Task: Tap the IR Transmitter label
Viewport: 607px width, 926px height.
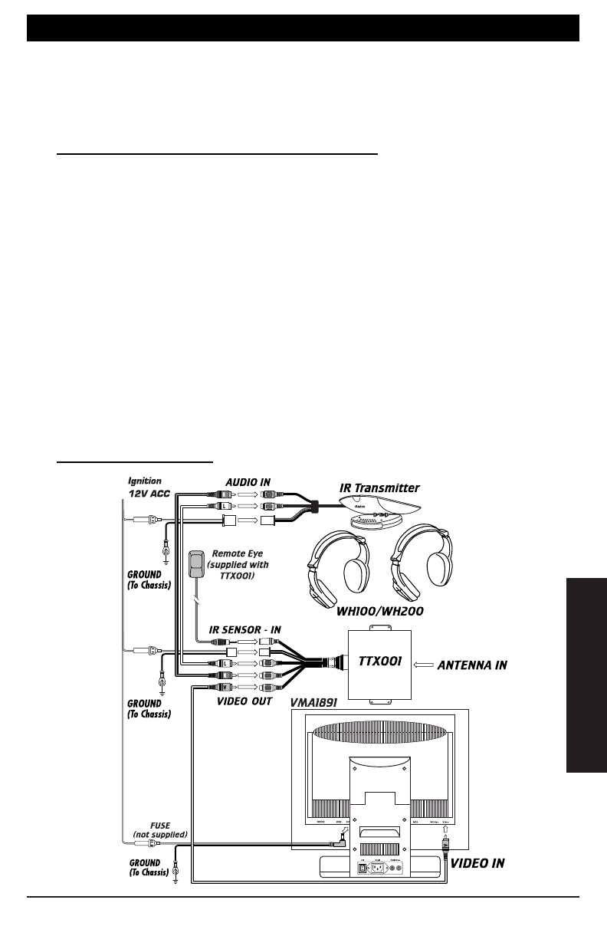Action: pyautogui.click(x=379, y=488)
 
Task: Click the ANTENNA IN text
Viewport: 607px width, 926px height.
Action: pyautogui.click(x=471, y=665)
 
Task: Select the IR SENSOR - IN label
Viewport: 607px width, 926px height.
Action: pyautogui.click(x=245, y=629)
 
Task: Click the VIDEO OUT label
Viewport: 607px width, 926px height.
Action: pyautogui.click(x=244, y=701)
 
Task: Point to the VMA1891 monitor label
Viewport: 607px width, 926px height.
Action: pyautogui.click(x=314, y=701)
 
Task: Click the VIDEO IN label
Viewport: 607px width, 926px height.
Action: pyautogui.click(x=477, y=863)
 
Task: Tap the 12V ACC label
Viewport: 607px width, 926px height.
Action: pyautogui.click(x=149, y=494)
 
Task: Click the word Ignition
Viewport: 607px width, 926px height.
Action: pyautogui.click(x=144, y=481)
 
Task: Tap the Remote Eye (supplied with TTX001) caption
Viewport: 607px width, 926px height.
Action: pyautogui.click(x=238, y=565)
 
